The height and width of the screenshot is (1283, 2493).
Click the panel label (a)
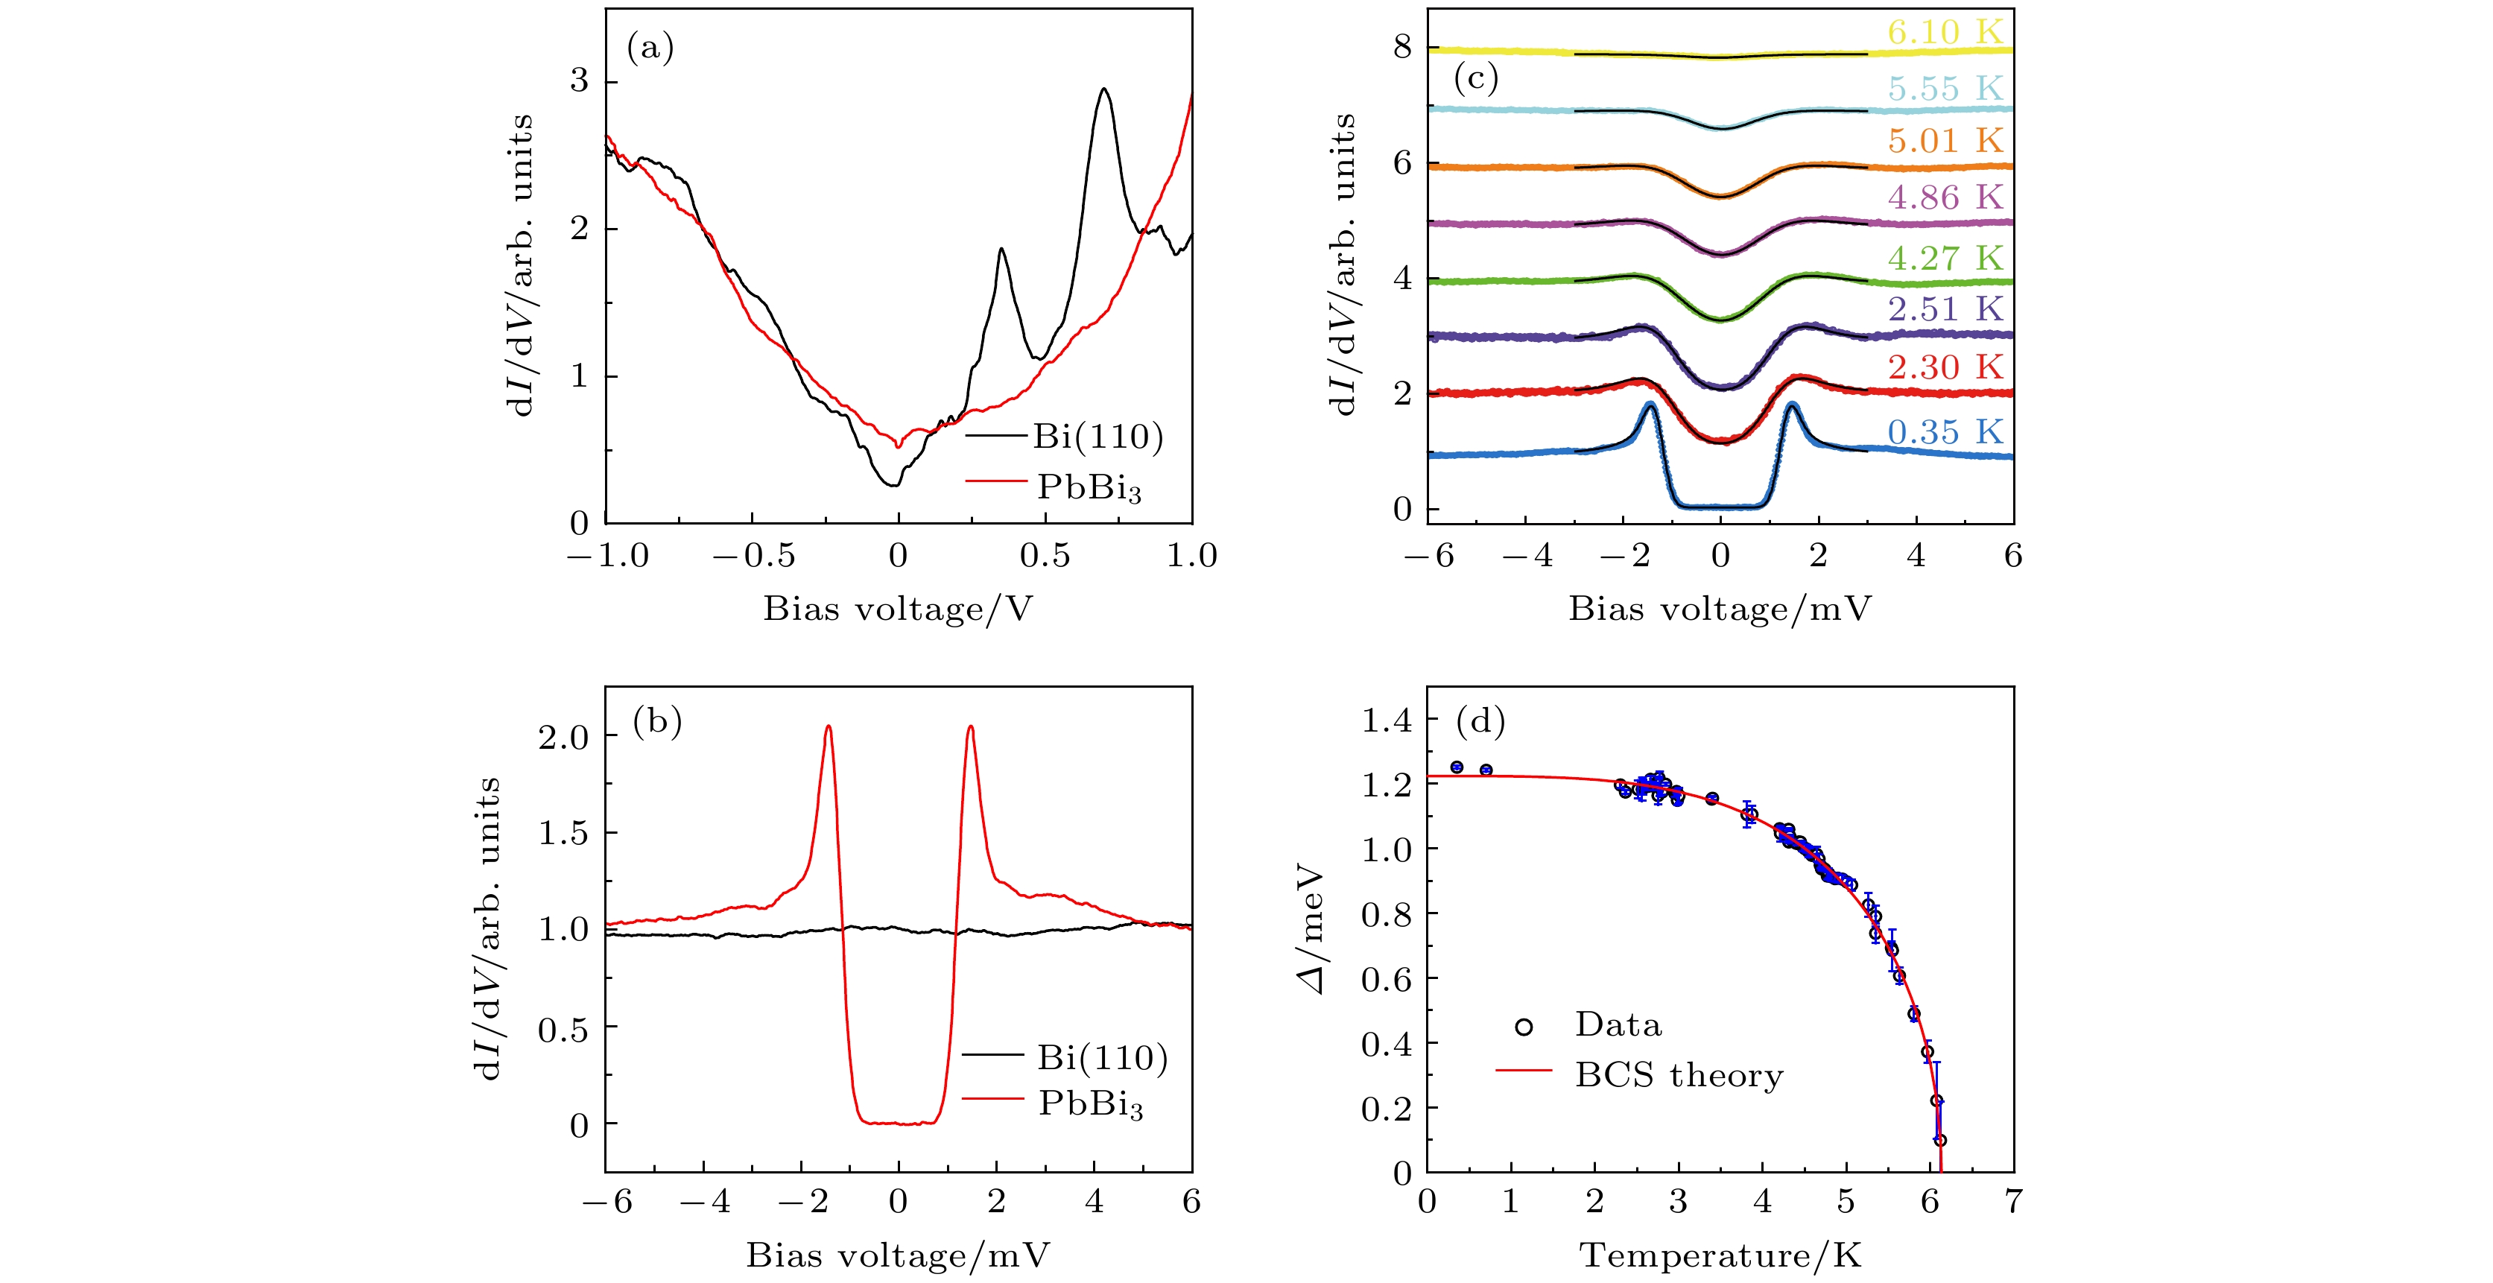pyautogui.click(x=650, y=48)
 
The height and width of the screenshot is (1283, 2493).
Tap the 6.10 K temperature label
pyautogui.click(x=1945, y=32)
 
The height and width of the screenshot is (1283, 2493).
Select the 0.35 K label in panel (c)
pyautogui.click(x=1945, y=431)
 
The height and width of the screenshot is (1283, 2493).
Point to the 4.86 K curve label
pyautogui.click(x=1945, y=197)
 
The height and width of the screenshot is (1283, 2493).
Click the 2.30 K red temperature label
pyautogui.click(x=1945, y=367)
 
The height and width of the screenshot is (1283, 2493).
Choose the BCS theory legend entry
pyautogui.click(x=1678, y=1075)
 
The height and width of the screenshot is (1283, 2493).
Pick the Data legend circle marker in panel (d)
pyautogui.click(x=1523, y=1027)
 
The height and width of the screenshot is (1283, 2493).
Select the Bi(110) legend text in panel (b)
pyautogui.click(x=1102, y=1057)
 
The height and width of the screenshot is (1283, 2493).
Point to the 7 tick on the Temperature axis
pyautogui.click(x=2013, y=1202)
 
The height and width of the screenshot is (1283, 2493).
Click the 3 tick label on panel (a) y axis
pyautogui.click(x=579, y=81)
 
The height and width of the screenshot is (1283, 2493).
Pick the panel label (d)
pyautogui.click(x=1480, y=720)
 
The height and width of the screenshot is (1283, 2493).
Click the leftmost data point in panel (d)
pyautogui.click(x=1457, y=767)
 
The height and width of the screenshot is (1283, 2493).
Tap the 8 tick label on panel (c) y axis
pyautogui.click(x=1402, y=46)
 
